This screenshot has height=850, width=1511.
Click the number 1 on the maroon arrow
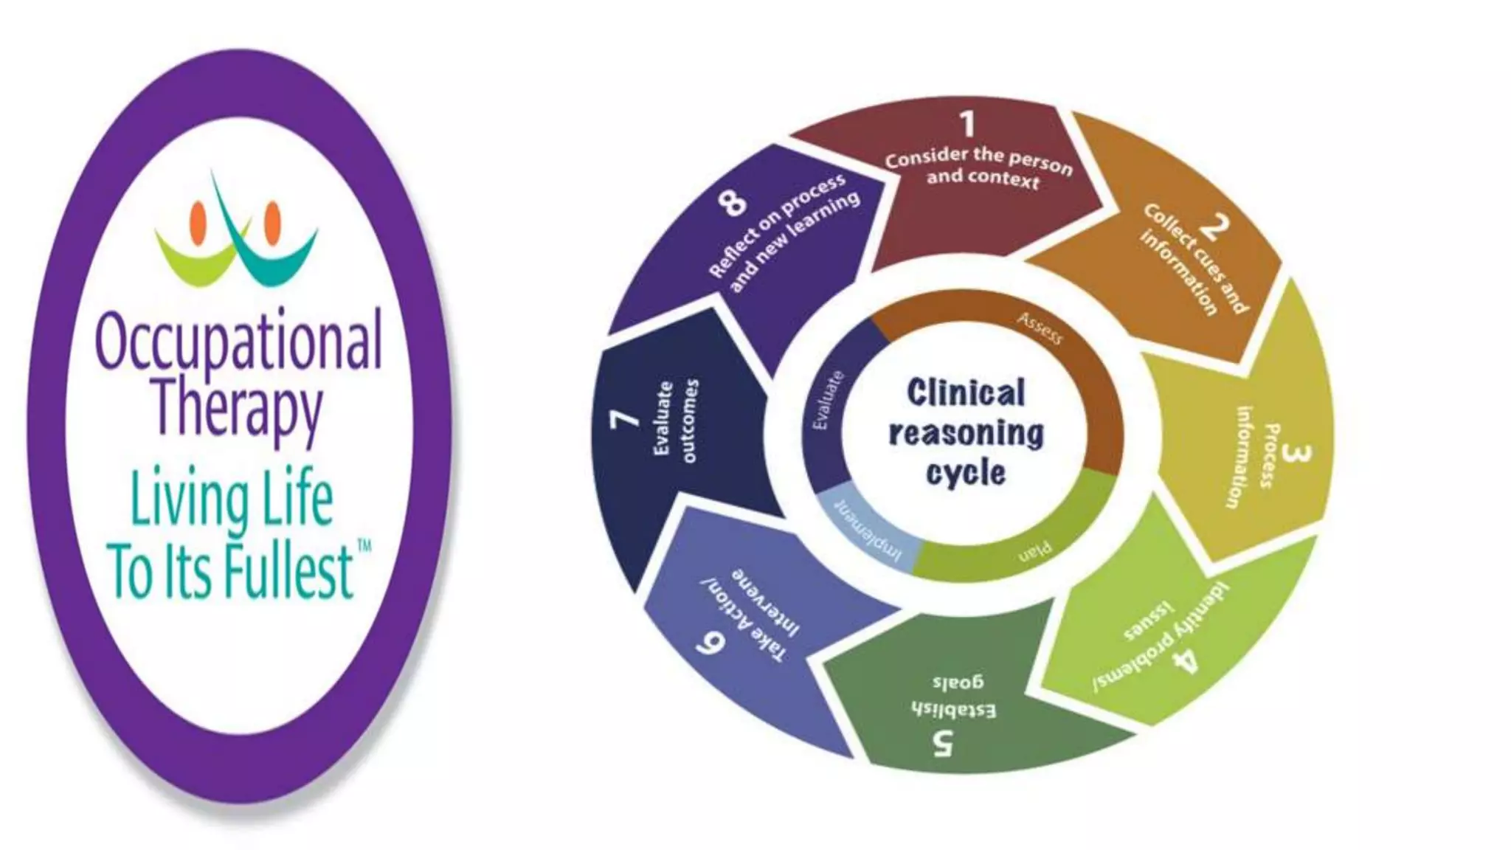[x=967, y=124]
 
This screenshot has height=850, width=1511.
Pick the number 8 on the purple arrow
[x=732, y=201]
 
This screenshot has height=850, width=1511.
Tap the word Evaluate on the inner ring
[x=827, y=401]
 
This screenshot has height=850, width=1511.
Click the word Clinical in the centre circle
[x=966, y=393]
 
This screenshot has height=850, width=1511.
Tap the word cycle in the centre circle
[x=966, y=473]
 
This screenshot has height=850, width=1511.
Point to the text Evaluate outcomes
[x=675, y=421]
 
